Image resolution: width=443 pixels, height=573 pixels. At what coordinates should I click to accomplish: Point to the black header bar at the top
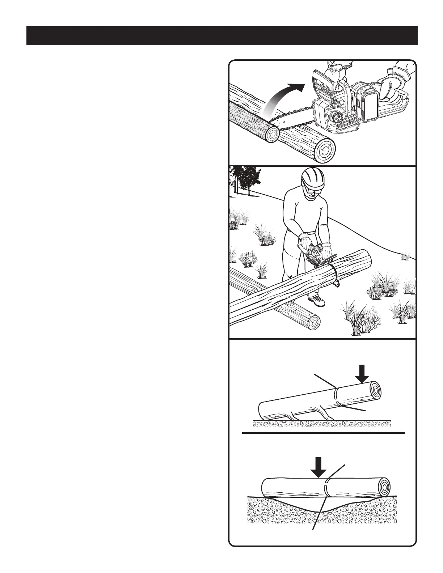pyautogui.click(x=222, y=35)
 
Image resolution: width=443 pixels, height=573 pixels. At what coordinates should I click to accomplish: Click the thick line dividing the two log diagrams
pyautogui.click(x=323, y=433)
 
